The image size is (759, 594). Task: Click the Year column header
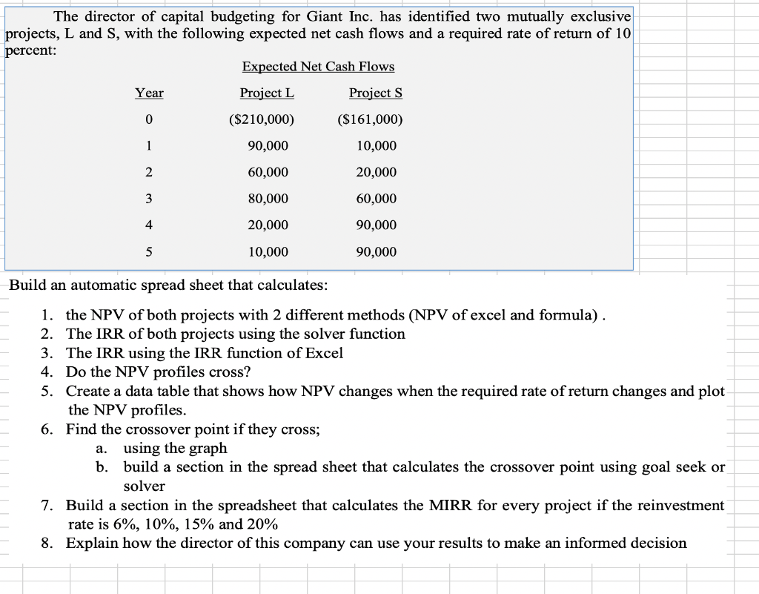[x=149, y=93]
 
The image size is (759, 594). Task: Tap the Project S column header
[x=376, y=93]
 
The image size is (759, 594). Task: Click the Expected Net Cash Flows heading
[x=318, y=67]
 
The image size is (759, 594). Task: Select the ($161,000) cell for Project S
[x=370, y=119]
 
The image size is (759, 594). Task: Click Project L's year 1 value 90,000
[x=268, y=146]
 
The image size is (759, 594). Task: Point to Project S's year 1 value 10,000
[x=376, y=146]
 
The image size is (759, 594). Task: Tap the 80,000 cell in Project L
[x=268, y=199]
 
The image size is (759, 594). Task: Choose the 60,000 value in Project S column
[x=376, y=199]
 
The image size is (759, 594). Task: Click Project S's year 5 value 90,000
[x=376, y=252]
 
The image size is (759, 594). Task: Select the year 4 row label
[x=149, y=225]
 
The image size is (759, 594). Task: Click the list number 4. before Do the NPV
[x=47, y=372]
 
